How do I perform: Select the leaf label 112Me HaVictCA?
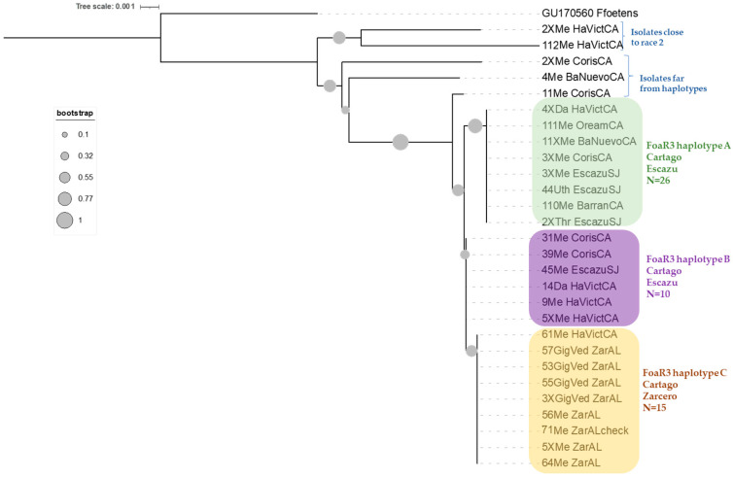580,45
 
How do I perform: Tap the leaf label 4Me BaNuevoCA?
580,77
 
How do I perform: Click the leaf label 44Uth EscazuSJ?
581,188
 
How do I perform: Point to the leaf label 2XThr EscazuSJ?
581,221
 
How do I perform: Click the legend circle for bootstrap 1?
64,220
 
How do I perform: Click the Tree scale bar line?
149,7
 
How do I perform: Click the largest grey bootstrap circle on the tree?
401,142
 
